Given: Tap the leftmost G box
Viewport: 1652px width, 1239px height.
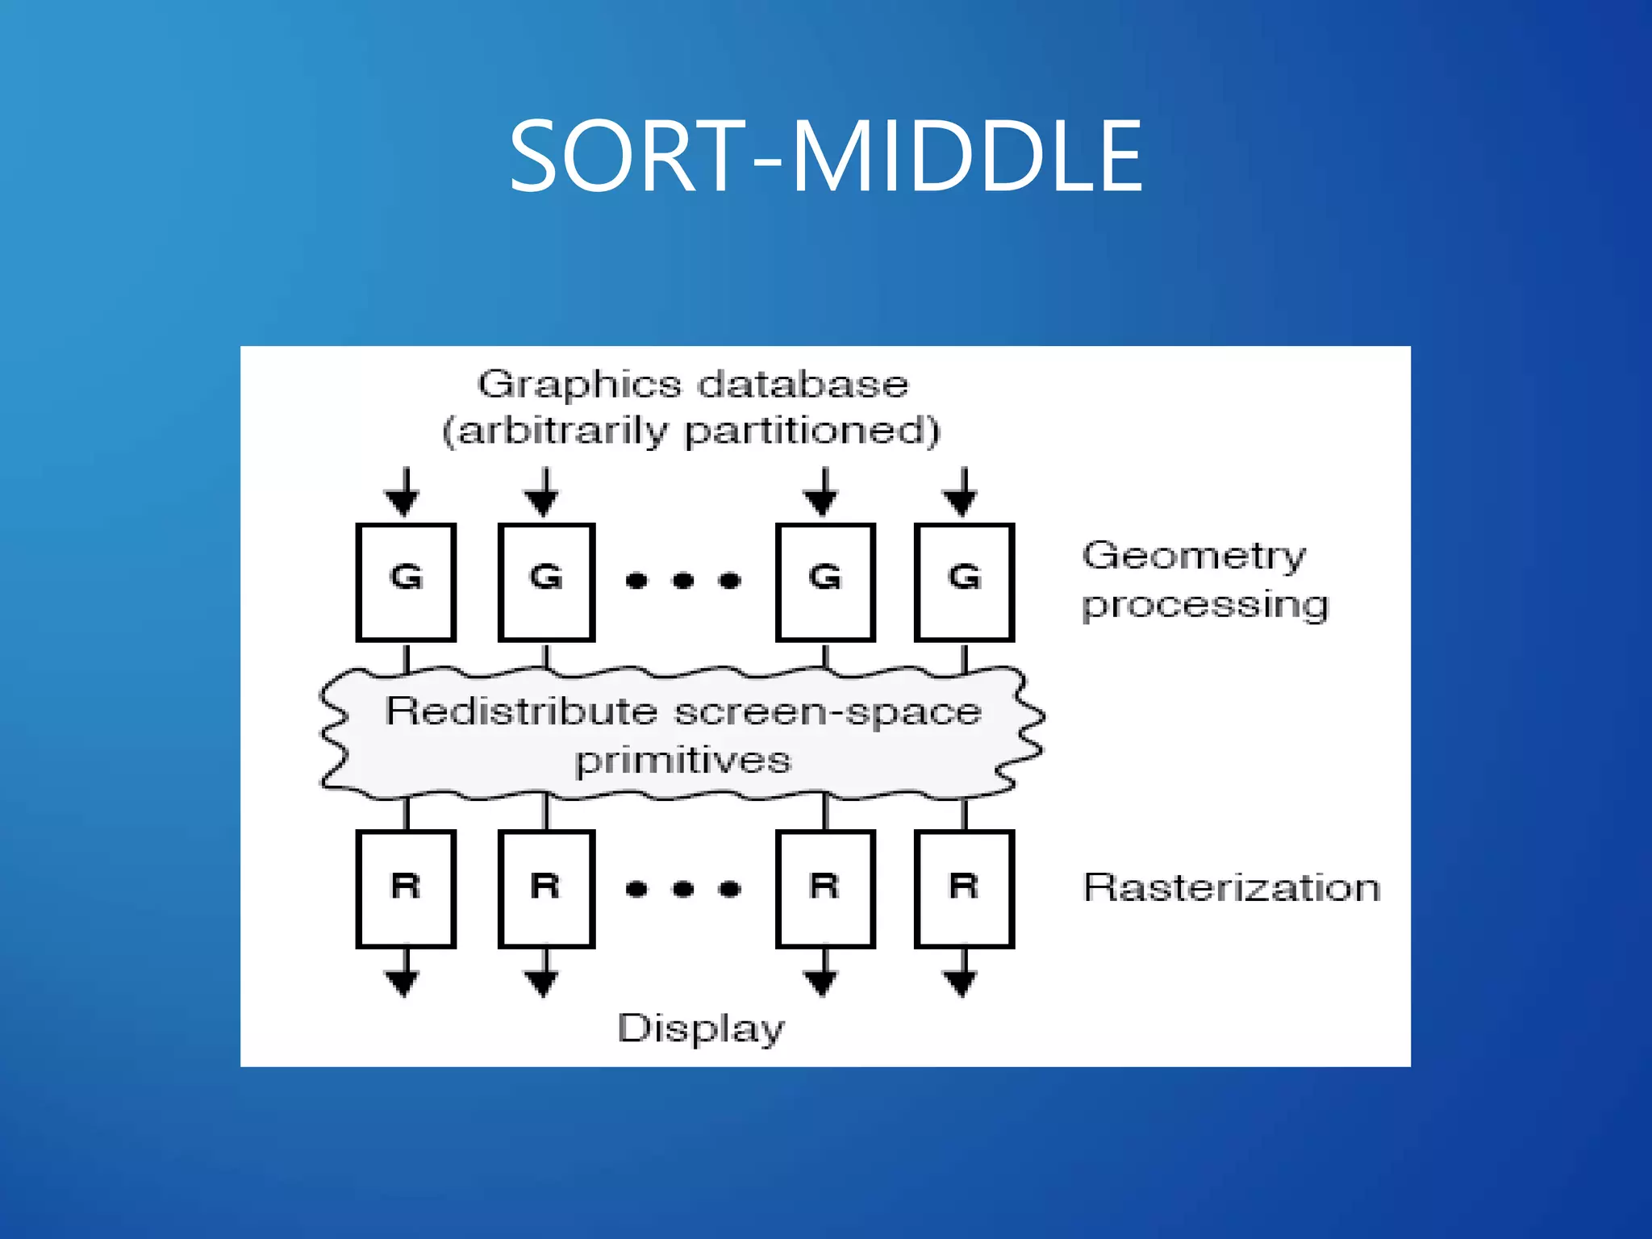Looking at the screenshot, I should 406,582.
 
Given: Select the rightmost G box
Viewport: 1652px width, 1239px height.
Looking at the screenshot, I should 964,582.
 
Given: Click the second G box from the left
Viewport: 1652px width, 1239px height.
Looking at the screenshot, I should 546,582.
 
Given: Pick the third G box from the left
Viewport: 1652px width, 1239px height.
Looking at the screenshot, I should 824,582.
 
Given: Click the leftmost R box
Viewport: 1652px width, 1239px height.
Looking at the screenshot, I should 406,888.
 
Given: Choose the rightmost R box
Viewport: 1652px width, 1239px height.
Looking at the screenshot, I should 964,888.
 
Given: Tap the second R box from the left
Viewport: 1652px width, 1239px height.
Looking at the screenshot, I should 546,888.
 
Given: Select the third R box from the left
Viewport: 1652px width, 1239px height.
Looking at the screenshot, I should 824,888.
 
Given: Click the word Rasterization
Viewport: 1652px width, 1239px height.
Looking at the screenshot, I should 1231,888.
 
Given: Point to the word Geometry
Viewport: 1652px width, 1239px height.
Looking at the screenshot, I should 1193,557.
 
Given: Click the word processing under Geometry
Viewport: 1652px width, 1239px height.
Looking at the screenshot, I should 1205,606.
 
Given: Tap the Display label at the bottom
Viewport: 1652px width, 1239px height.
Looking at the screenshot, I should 700,1029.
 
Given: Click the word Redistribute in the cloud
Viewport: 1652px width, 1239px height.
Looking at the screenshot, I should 521,711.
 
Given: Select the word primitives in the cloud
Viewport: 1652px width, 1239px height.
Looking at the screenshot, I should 682,761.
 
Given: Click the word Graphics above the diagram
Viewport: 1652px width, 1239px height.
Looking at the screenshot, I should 579,385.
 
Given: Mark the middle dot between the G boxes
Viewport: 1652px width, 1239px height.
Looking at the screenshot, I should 683,580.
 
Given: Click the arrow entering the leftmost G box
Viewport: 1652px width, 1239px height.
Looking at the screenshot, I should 404,493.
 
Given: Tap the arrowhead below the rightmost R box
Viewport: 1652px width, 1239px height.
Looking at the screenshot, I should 962,982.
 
